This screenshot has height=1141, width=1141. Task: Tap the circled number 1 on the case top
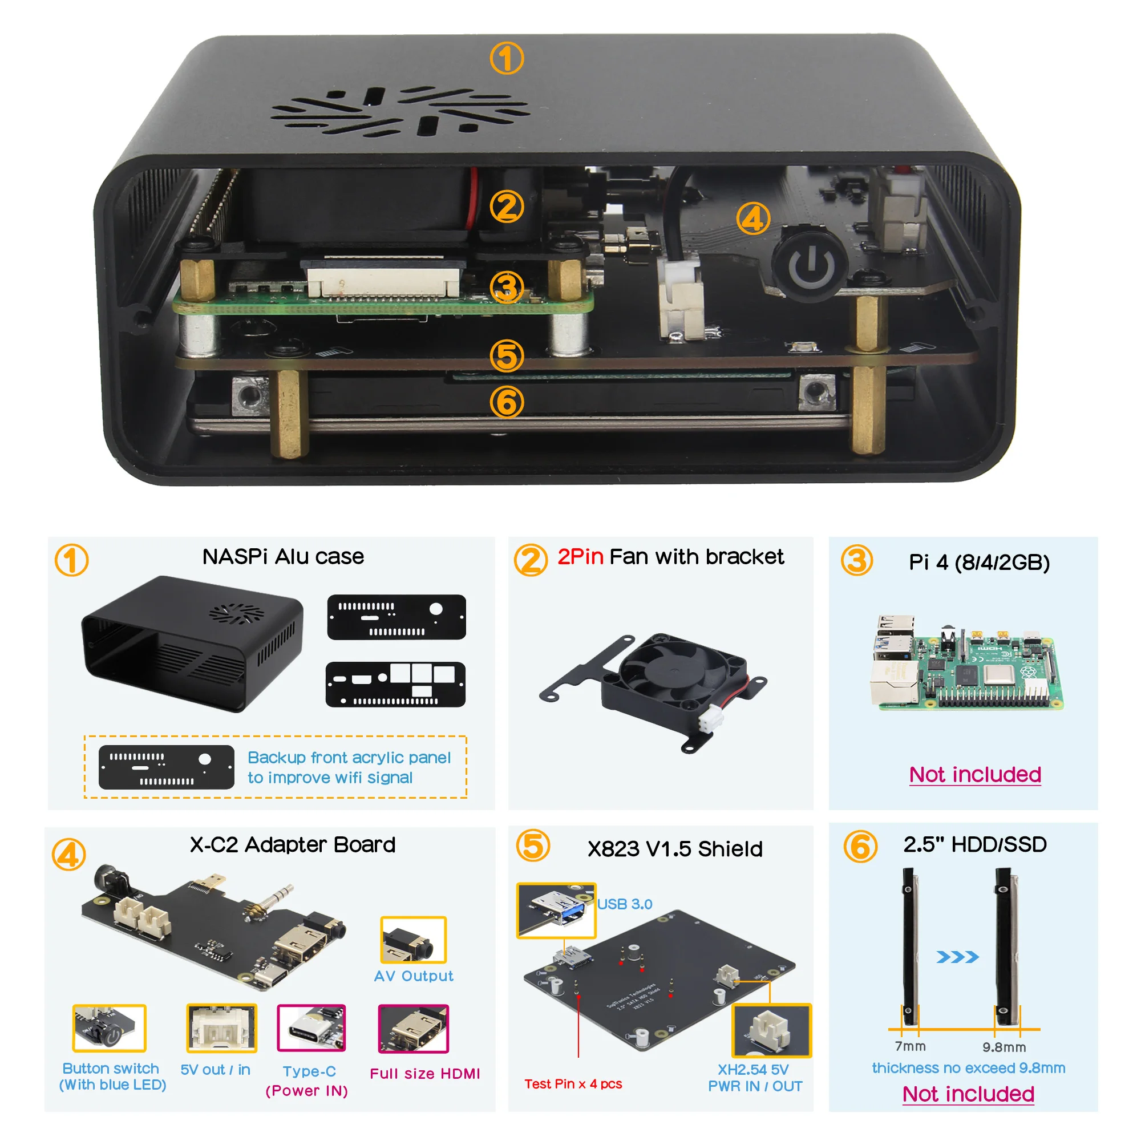[507, 58]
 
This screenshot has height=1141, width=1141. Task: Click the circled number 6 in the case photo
[507, 402]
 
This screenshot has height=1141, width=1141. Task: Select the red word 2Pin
[580, 557]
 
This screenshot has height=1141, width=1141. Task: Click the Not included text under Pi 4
[974, 774]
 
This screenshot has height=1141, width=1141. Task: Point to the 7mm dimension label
[910, 1046]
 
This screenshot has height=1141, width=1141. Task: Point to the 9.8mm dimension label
[1004, 1047]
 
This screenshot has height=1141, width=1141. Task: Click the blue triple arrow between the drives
[957, 957]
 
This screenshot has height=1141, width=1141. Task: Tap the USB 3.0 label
[624, 904]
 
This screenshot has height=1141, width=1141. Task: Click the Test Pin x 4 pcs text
[573, 1084]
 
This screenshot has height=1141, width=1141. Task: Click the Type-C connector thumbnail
[311, 1028]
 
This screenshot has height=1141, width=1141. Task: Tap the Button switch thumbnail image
[110, 1028]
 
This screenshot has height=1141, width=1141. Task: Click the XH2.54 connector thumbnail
[771, 1030]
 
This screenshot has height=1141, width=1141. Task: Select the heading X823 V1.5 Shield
[674, 849]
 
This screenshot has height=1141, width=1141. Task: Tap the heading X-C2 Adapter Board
[292, 844]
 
